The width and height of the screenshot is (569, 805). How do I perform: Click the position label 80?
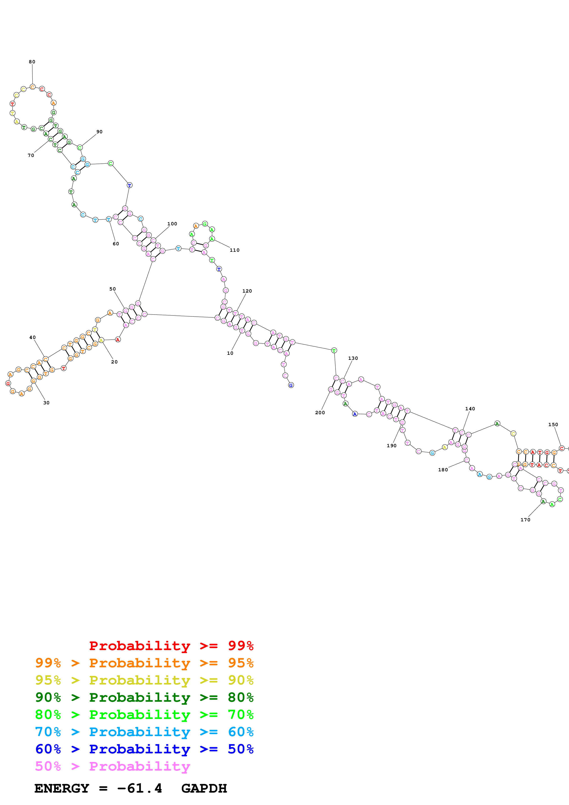(x=32, y=62)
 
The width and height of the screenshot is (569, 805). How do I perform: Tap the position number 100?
(x=172, y=224)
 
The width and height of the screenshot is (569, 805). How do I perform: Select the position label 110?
(x=235, y=250)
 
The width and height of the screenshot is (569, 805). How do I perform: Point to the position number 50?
(x=112, y=289)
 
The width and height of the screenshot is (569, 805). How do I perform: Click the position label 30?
(x=46, y=403)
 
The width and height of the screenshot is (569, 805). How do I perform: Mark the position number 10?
(x=230, y=353)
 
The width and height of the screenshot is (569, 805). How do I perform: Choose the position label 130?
(x=353, y=358)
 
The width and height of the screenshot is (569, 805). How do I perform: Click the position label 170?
(x=525, y=520)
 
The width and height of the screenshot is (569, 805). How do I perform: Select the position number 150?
(x=553, y=424)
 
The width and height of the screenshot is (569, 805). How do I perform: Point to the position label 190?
(x=392, y=446)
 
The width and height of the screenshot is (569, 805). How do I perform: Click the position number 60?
(x=116, y=244)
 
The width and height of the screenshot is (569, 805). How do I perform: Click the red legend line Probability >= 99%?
(x=171, y=646)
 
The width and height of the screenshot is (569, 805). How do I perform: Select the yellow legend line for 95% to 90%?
(x=144, y=680)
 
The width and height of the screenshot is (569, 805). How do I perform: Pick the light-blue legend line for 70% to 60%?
(x=144, y=732)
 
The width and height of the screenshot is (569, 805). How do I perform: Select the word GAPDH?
(x=204, y=788)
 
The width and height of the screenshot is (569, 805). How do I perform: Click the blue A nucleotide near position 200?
(x=355, y=414)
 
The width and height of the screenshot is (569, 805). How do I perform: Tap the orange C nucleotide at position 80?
(x=33, y=87)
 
